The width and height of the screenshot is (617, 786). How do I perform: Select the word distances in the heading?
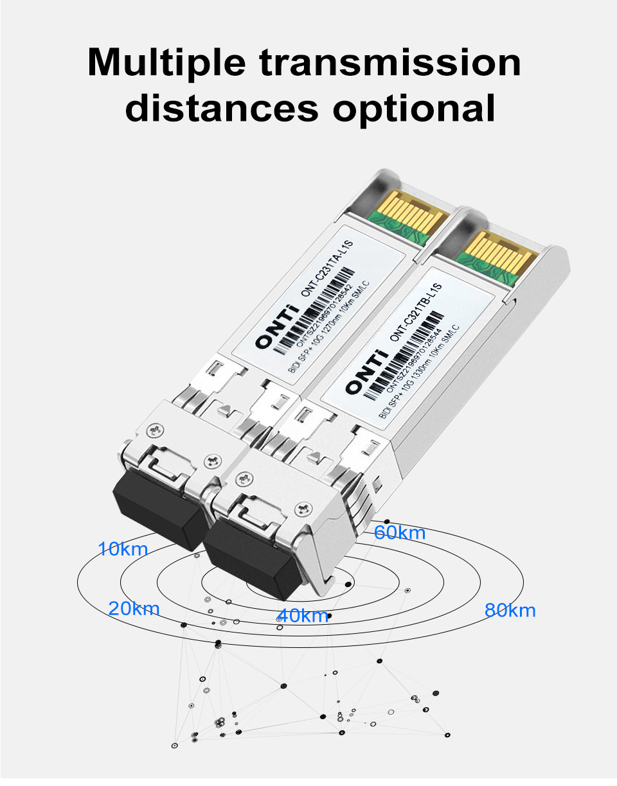pyautogui.click(x=223, y=108)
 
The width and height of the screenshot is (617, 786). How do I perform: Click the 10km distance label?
pyautogui.click(x=123, y=550)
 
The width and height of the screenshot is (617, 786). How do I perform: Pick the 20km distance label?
pyautogui.click(x=134, y=609)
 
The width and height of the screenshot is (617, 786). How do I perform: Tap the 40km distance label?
pyautogui.click(x=303, y=616)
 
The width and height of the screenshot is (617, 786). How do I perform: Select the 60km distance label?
pyautogui.click(x=400, y=533)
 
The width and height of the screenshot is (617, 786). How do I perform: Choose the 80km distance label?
pyautogui.click(x=510, y=610)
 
